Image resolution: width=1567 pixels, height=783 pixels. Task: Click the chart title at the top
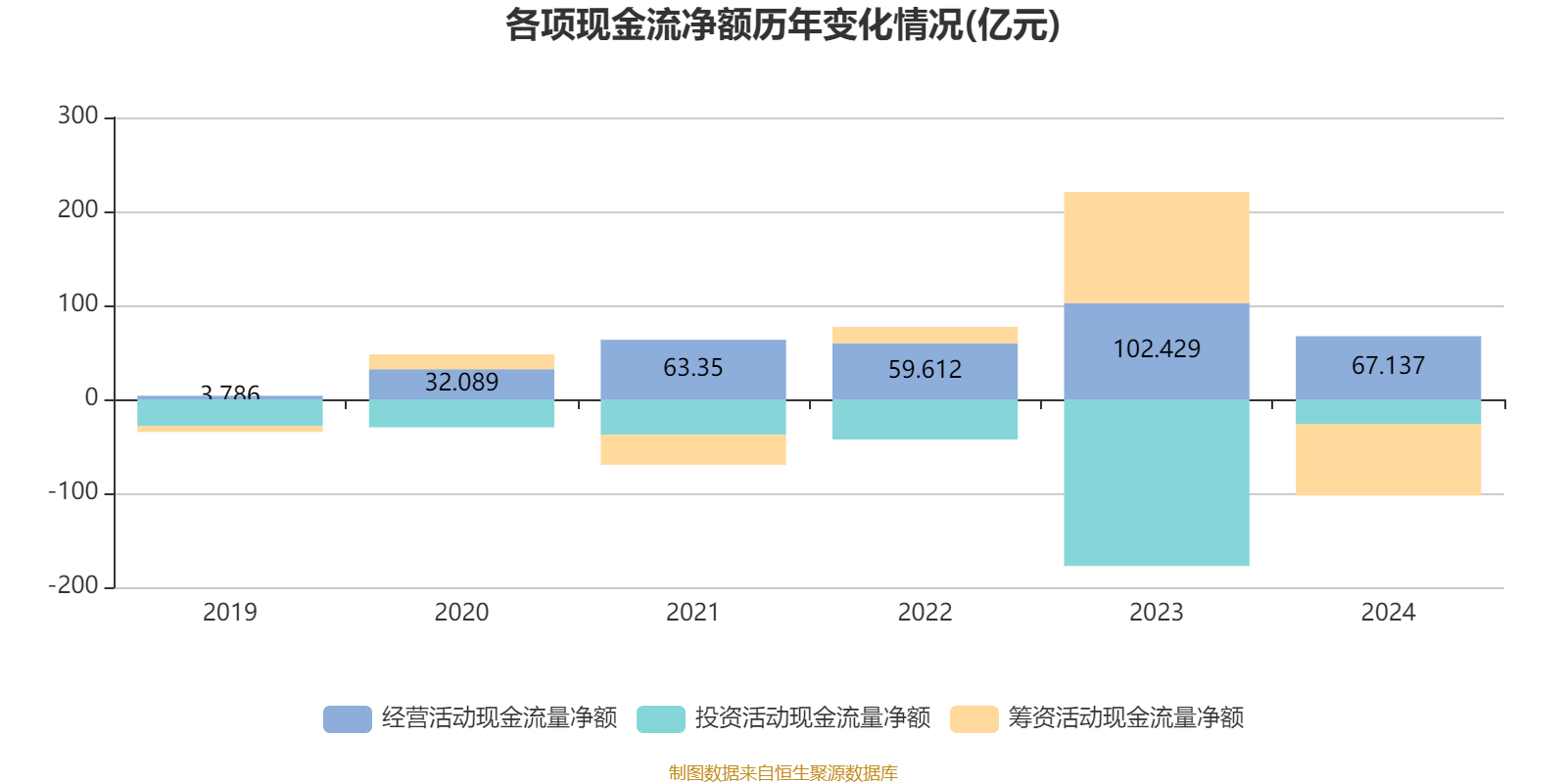click(x=783, y=25)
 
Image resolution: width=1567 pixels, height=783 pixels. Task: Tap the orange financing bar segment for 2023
click(x=1156, y=248)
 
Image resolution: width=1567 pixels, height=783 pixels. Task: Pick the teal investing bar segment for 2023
click(x=1156, y=483)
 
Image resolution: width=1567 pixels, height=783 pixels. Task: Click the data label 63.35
click(x=692, y=368)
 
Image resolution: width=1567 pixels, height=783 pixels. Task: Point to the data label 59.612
click(x=925, y=370)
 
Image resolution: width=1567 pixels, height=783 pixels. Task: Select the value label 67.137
click(x=1388, y=366)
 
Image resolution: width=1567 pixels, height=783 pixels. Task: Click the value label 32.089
click(x=461, y=383)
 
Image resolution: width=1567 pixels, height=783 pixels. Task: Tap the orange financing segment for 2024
click(x=1388, y=460)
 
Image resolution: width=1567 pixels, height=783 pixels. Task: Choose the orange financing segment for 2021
click(x=692, y=449)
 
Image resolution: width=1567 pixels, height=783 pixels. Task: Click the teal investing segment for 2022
click(x=925, y=420)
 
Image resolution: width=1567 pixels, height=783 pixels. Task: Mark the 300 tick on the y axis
click(x=77, y=116)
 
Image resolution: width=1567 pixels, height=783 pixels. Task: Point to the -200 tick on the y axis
click(x=73, y=586)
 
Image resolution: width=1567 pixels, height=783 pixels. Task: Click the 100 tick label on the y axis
click(x=77, y=304)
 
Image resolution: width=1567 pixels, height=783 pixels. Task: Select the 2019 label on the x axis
click(x=229, y=613)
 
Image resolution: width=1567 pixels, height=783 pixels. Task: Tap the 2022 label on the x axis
click(x=925, y=613)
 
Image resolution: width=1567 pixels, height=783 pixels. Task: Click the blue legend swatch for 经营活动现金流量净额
click(x=348, y=719)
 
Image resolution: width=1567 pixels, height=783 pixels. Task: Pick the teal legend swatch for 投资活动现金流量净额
click(x=661, y=719)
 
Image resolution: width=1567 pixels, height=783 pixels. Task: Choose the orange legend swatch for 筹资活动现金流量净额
click(x=974, y=719)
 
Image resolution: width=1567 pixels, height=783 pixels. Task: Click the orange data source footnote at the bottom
click(x=783, y=773)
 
